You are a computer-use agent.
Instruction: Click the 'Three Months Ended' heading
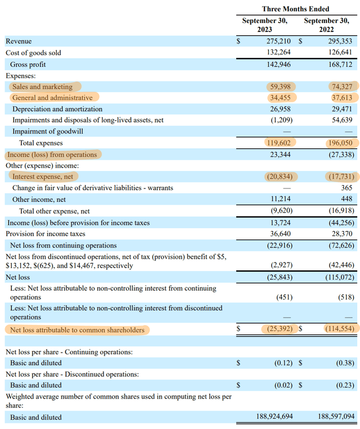click(296, 9)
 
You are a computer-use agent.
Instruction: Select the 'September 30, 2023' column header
click(265, 25)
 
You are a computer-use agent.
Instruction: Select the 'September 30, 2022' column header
click(327, 25)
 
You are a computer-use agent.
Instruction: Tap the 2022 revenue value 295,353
click(340, 42)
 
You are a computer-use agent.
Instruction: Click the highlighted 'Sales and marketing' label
click(43, 87)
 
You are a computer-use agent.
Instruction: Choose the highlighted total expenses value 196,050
click(340, 143)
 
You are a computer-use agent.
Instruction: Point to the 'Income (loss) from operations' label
click(52, 155)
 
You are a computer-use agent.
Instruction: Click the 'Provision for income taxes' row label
click(46, 234)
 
